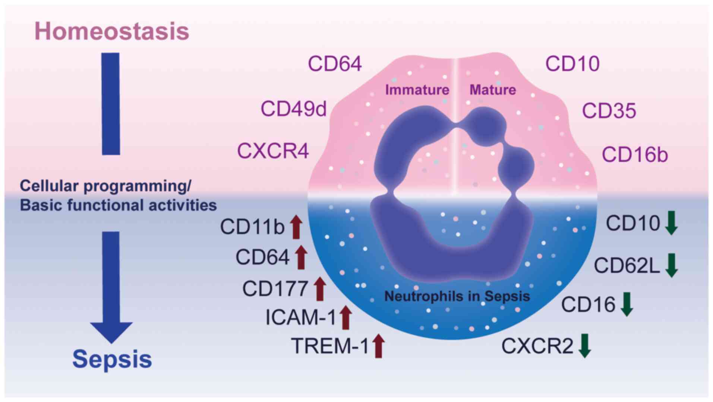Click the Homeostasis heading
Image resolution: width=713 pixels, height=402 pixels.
click(111, 31)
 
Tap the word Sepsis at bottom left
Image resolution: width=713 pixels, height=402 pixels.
click(112, 359)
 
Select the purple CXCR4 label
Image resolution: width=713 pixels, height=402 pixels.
click(273, 151)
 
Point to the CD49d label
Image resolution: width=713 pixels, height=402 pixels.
click(293, 109)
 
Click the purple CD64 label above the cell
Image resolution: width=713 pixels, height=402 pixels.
click(334, 64)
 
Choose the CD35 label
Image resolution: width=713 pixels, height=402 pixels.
click(609, 111)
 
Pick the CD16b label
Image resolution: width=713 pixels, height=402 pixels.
click(634, 155)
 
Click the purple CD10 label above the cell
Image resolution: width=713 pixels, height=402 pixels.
click(572, 64)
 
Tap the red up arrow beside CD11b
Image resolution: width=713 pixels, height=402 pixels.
click(296, 227)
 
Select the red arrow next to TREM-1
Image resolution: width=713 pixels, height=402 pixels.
click(378, 346)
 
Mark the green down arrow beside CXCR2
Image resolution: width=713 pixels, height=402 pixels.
click(584, 346)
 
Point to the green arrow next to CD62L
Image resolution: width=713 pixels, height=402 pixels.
click(671, 265)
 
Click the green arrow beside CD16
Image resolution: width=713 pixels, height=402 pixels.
click(627, 304)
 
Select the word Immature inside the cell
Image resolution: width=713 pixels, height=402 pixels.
click(417, 90)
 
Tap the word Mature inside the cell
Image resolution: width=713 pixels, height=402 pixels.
click(492, 90)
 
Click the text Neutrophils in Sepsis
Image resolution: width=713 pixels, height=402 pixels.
click(457, 296)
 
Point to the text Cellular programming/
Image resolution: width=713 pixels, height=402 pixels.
click(105, 186)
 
